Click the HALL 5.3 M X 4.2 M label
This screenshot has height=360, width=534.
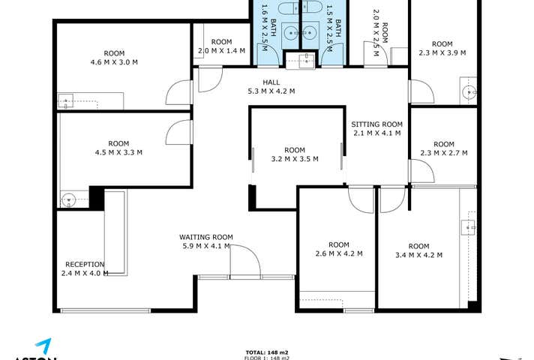[x=271, y=87]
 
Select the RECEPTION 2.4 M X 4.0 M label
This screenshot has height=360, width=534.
[x=85, y=268]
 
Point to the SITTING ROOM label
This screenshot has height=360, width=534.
[x=376, y=129]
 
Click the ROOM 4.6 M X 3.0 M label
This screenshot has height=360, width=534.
[x=114, y=58]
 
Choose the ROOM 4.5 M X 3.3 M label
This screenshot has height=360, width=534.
[x=118, y=148]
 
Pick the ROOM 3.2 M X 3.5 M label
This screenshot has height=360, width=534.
[x=295, y=154]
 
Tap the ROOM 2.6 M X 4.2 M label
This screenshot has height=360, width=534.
[x=338, y=249]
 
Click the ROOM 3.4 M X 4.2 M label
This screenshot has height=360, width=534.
[x=418, y=251]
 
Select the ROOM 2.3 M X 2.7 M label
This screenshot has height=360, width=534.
[x=443, y=149]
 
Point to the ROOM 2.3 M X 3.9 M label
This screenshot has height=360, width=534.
[x=442, y=48]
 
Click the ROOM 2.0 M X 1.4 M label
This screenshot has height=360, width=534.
[x=221, y=46]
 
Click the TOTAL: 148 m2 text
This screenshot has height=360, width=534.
[x=266, y=352]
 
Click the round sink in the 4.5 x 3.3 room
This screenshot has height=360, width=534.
[x=69, y=199]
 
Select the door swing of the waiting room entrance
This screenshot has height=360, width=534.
[x=244, y=261]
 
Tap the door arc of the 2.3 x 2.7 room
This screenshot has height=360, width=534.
[x=421, y=171]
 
